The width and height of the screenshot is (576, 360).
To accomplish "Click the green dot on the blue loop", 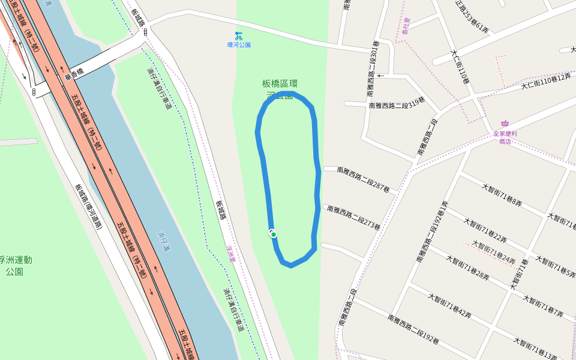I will click(274, 235).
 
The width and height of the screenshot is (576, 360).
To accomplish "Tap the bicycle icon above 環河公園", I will click(239, 36).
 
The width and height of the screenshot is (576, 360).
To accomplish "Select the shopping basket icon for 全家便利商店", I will click(505, 125).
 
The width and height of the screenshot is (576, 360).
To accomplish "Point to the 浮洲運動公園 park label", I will click(16, 265).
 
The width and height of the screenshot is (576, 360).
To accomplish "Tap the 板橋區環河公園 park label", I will click(280, 89).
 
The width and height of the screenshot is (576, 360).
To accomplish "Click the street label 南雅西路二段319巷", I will click(397, 105).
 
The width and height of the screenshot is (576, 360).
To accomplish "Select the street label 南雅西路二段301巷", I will click(373, 69).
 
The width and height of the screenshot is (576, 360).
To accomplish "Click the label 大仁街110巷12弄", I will click(546, 82).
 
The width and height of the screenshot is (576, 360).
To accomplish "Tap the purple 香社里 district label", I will click(406, 26).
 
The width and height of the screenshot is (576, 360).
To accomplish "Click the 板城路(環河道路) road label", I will click(88, 207).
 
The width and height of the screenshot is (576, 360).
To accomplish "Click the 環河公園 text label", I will click(239, 45).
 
